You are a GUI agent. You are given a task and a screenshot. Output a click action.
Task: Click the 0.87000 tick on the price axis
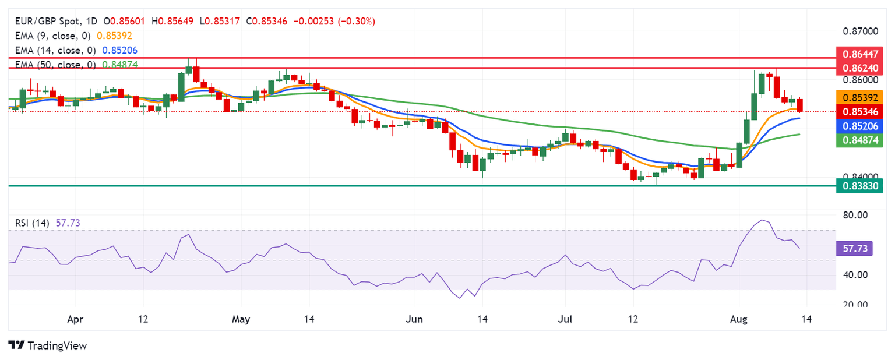(859, 30)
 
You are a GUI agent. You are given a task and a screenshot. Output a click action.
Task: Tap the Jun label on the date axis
(414, 319)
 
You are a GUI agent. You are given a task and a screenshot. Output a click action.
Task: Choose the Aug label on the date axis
(738, 319)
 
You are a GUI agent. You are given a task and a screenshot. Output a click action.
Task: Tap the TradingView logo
(48, 345)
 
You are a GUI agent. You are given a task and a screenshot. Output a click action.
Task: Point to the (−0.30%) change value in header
(354, 21)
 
